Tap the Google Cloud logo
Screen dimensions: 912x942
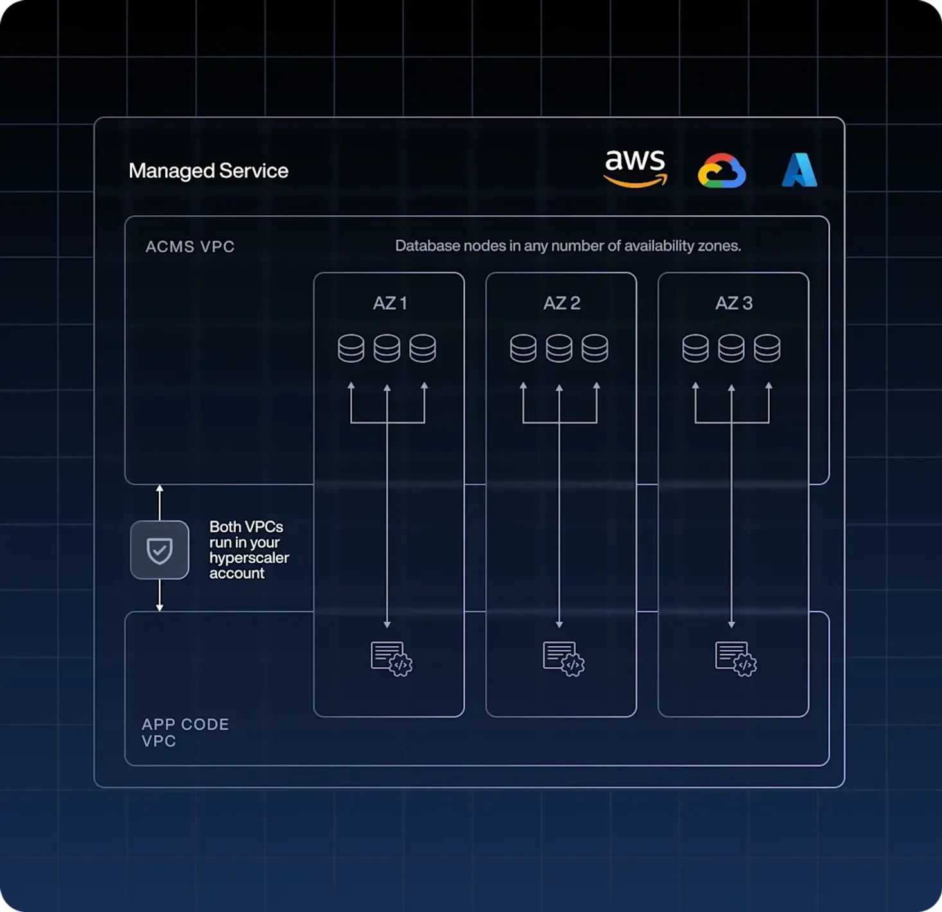pos(722,171)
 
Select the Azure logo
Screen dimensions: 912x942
pos(799,170)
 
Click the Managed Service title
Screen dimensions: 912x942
pos(208,171)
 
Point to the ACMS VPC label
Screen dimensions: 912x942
pos(190,247)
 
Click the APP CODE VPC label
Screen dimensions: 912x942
pos(185,732)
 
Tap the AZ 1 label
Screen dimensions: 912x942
pos(389,303)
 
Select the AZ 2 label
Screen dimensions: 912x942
pos(562,303)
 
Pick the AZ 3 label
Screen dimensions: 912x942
pos(734,303)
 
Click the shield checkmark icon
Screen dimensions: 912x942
pos(159,550)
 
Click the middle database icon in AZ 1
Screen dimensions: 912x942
pos(387,348)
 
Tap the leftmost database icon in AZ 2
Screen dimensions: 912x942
pos(523,348)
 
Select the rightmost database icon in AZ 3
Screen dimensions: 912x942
pos(767,348)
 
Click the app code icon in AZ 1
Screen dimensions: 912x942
pos(391,659)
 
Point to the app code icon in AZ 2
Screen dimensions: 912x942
pos(564,659)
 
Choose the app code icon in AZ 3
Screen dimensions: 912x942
pos(736,659)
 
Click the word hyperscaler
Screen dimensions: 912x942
pos(249,557)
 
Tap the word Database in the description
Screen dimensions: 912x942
pos(418,246)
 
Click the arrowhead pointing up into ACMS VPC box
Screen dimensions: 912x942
pos(159,490)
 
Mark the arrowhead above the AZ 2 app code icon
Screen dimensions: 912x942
pos(559,624)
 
